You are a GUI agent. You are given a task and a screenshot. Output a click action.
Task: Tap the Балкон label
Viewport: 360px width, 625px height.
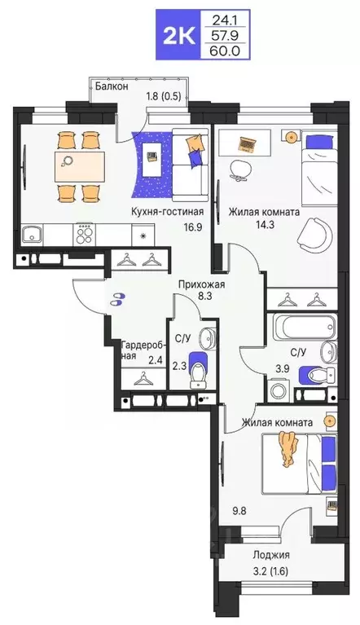pyautogui.click(x=110, y=86)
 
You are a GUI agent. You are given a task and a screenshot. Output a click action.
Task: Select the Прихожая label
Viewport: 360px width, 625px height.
pyautogui.click(x=201, y=284)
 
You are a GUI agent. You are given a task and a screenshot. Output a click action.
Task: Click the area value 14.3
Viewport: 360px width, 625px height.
pyautogui.click(x=240, y=227)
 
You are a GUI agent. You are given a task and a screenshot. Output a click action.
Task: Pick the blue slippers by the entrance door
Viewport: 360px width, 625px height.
pyautogui.click(x=119, y=299)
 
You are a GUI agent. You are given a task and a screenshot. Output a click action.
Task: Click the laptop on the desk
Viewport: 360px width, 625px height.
pyautogui.click(x=246, y=144)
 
